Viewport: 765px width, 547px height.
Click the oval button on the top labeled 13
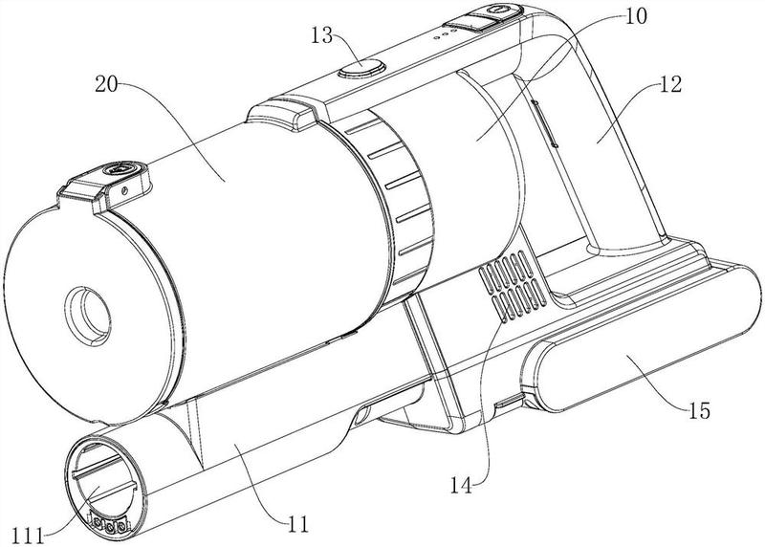point(361,67)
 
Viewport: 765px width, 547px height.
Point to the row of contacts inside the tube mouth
point(108,525)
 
